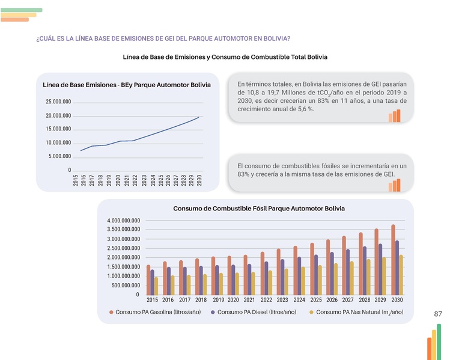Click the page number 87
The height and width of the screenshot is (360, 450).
click(x=437, y=314)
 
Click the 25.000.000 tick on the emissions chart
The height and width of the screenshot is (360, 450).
click(x=58, y=102)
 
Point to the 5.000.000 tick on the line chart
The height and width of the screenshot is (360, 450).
click(x=59, y=156)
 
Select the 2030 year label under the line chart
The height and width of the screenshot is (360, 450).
click(x=199, y=181)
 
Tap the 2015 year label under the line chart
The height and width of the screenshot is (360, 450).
click(x=76, y=181)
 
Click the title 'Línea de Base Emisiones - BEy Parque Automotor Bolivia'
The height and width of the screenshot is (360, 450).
click(x=123, y=85)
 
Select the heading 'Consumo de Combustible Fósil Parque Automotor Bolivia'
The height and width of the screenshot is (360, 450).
click(x=259, y=209)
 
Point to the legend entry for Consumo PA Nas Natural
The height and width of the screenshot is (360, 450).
click(x=356, y=313)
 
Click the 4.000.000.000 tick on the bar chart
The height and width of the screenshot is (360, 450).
click(x=124, y=221)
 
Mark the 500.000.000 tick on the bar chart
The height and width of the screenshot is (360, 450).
click(x=126, y=285)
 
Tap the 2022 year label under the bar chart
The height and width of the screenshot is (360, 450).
click(x=266, y=299)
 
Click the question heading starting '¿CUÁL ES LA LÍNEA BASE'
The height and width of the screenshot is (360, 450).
click(x=163, y=38)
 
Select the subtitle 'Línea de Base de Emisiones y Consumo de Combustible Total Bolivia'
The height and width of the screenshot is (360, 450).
click(x=225, y=56)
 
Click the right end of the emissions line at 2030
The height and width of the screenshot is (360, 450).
click(x=199, y=117)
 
